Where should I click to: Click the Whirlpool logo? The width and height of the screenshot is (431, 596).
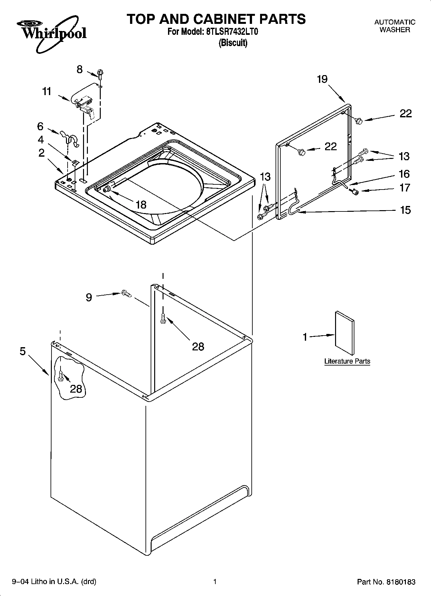(52, 34)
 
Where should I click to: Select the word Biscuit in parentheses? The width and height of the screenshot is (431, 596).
(233, 43)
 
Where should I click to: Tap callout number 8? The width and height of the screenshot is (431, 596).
(80, 69)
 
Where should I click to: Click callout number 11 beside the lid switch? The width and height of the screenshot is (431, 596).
(47, 92)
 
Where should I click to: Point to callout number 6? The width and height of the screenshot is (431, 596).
(40, 126)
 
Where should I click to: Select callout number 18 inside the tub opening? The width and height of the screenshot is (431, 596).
(141, 204)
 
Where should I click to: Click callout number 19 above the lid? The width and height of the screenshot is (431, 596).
(322, 79)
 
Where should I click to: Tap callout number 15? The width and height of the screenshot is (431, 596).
(405, 210)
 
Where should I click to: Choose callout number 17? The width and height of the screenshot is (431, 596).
(405, 188)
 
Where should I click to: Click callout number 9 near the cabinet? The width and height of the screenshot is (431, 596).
(89, 297)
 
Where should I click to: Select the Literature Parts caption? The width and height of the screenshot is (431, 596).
(347, 361)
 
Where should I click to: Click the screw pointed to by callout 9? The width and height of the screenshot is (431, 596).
(126, 293)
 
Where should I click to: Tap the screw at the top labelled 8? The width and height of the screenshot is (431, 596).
(100, 74)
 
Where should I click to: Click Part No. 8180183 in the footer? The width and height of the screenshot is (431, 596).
(386, 582)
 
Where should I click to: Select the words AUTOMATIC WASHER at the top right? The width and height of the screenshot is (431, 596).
(395, 26)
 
